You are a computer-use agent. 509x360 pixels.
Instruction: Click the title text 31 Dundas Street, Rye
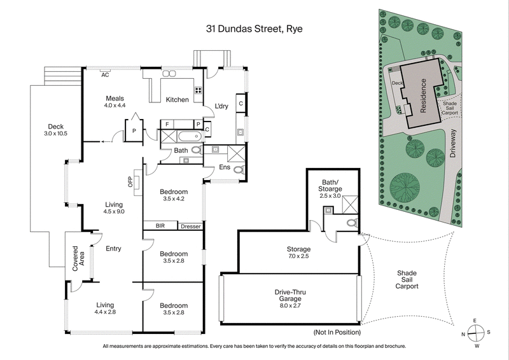254,29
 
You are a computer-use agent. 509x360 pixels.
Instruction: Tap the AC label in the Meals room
105,75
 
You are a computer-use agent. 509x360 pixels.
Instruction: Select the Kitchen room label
178,100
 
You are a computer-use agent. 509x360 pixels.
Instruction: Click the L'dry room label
221,106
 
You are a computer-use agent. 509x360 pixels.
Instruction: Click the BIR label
160,226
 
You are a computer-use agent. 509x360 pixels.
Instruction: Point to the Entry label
113,249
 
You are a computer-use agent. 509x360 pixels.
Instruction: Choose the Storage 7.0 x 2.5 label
298,253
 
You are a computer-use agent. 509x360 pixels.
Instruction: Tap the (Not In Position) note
337,333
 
